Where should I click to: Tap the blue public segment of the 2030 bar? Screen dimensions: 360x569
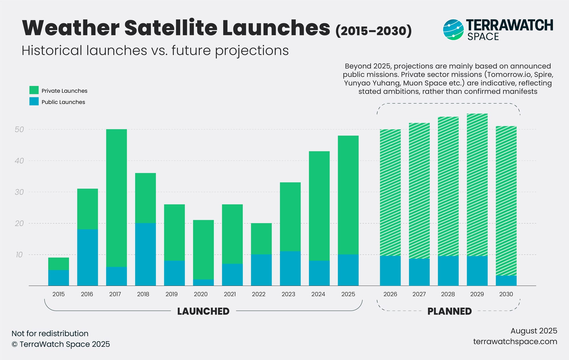click(x=506, y=281)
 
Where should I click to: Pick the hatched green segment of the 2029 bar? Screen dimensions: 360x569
click(x=477, y=185)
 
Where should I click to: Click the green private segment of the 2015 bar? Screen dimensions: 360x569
click(x=58, y=264)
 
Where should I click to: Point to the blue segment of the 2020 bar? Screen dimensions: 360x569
click(x=203, y=282)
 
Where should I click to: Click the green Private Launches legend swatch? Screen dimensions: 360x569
click(x=34, y=90)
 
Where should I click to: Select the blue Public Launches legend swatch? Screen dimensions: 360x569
click(x=34, y=102)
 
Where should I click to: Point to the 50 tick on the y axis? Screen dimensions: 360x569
click(x=19, y=129)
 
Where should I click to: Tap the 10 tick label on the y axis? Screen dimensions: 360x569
click(x=19, y=255)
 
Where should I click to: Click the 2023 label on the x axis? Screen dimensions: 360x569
click(x=288, y=294)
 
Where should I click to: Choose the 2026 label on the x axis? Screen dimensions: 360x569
click(x=390, y=294)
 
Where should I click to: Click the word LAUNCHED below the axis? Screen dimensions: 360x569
click(x=203, y=311)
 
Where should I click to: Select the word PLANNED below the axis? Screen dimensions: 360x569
click(x=450, y=311)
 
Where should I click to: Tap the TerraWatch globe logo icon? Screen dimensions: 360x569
click(x=453, y=30)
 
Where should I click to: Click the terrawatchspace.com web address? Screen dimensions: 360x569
click(x=515, y=342)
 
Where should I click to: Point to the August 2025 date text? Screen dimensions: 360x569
click(x=533, y=331)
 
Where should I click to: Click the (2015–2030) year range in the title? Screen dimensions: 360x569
click(x=374, y=31)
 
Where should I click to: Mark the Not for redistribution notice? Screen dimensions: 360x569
click(x=50, y=334)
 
